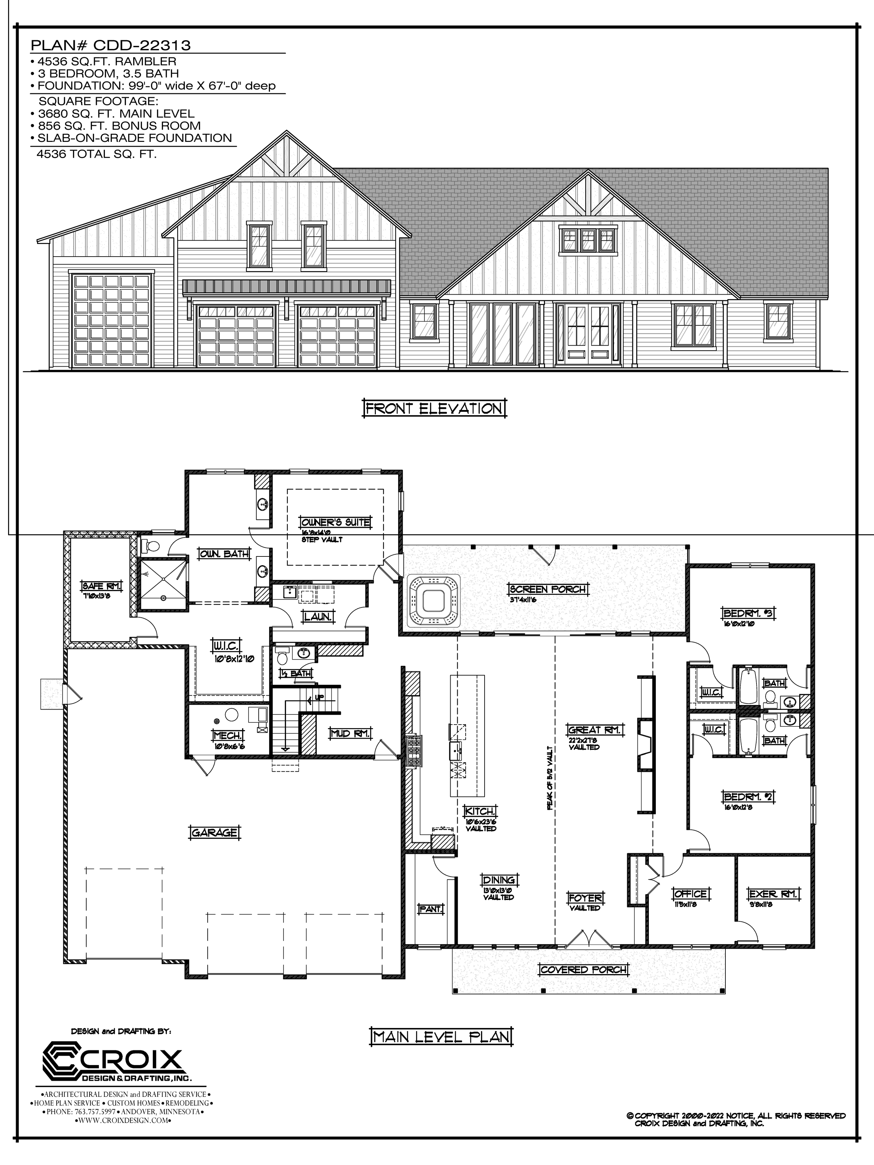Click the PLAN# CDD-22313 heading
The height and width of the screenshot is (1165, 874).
(110, 46)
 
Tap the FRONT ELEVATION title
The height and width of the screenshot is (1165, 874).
(434, 409)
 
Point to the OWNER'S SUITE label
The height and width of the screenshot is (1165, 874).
(335, 523)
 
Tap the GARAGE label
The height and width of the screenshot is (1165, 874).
(214, 833)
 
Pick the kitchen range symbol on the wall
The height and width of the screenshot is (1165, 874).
(414, 750)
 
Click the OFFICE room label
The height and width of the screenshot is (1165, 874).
(691, 894)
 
